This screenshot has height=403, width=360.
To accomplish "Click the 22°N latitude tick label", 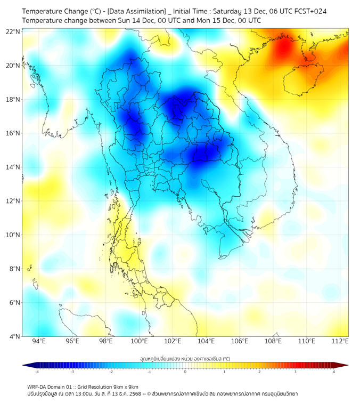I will point(13,31).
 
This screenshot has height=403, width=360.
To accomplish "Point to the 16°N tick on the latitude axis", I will point(13,133).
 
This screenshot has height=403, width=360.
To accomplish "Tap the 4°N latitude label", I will point(14,336).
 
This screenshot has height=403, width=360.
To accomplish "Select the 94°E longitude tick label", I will point(39,341).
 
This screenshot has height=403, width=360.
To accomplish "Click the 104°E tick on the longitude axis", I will point(206,341).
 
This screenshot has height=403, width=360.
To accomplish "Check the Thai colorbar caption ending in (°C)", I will point(185,358).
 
